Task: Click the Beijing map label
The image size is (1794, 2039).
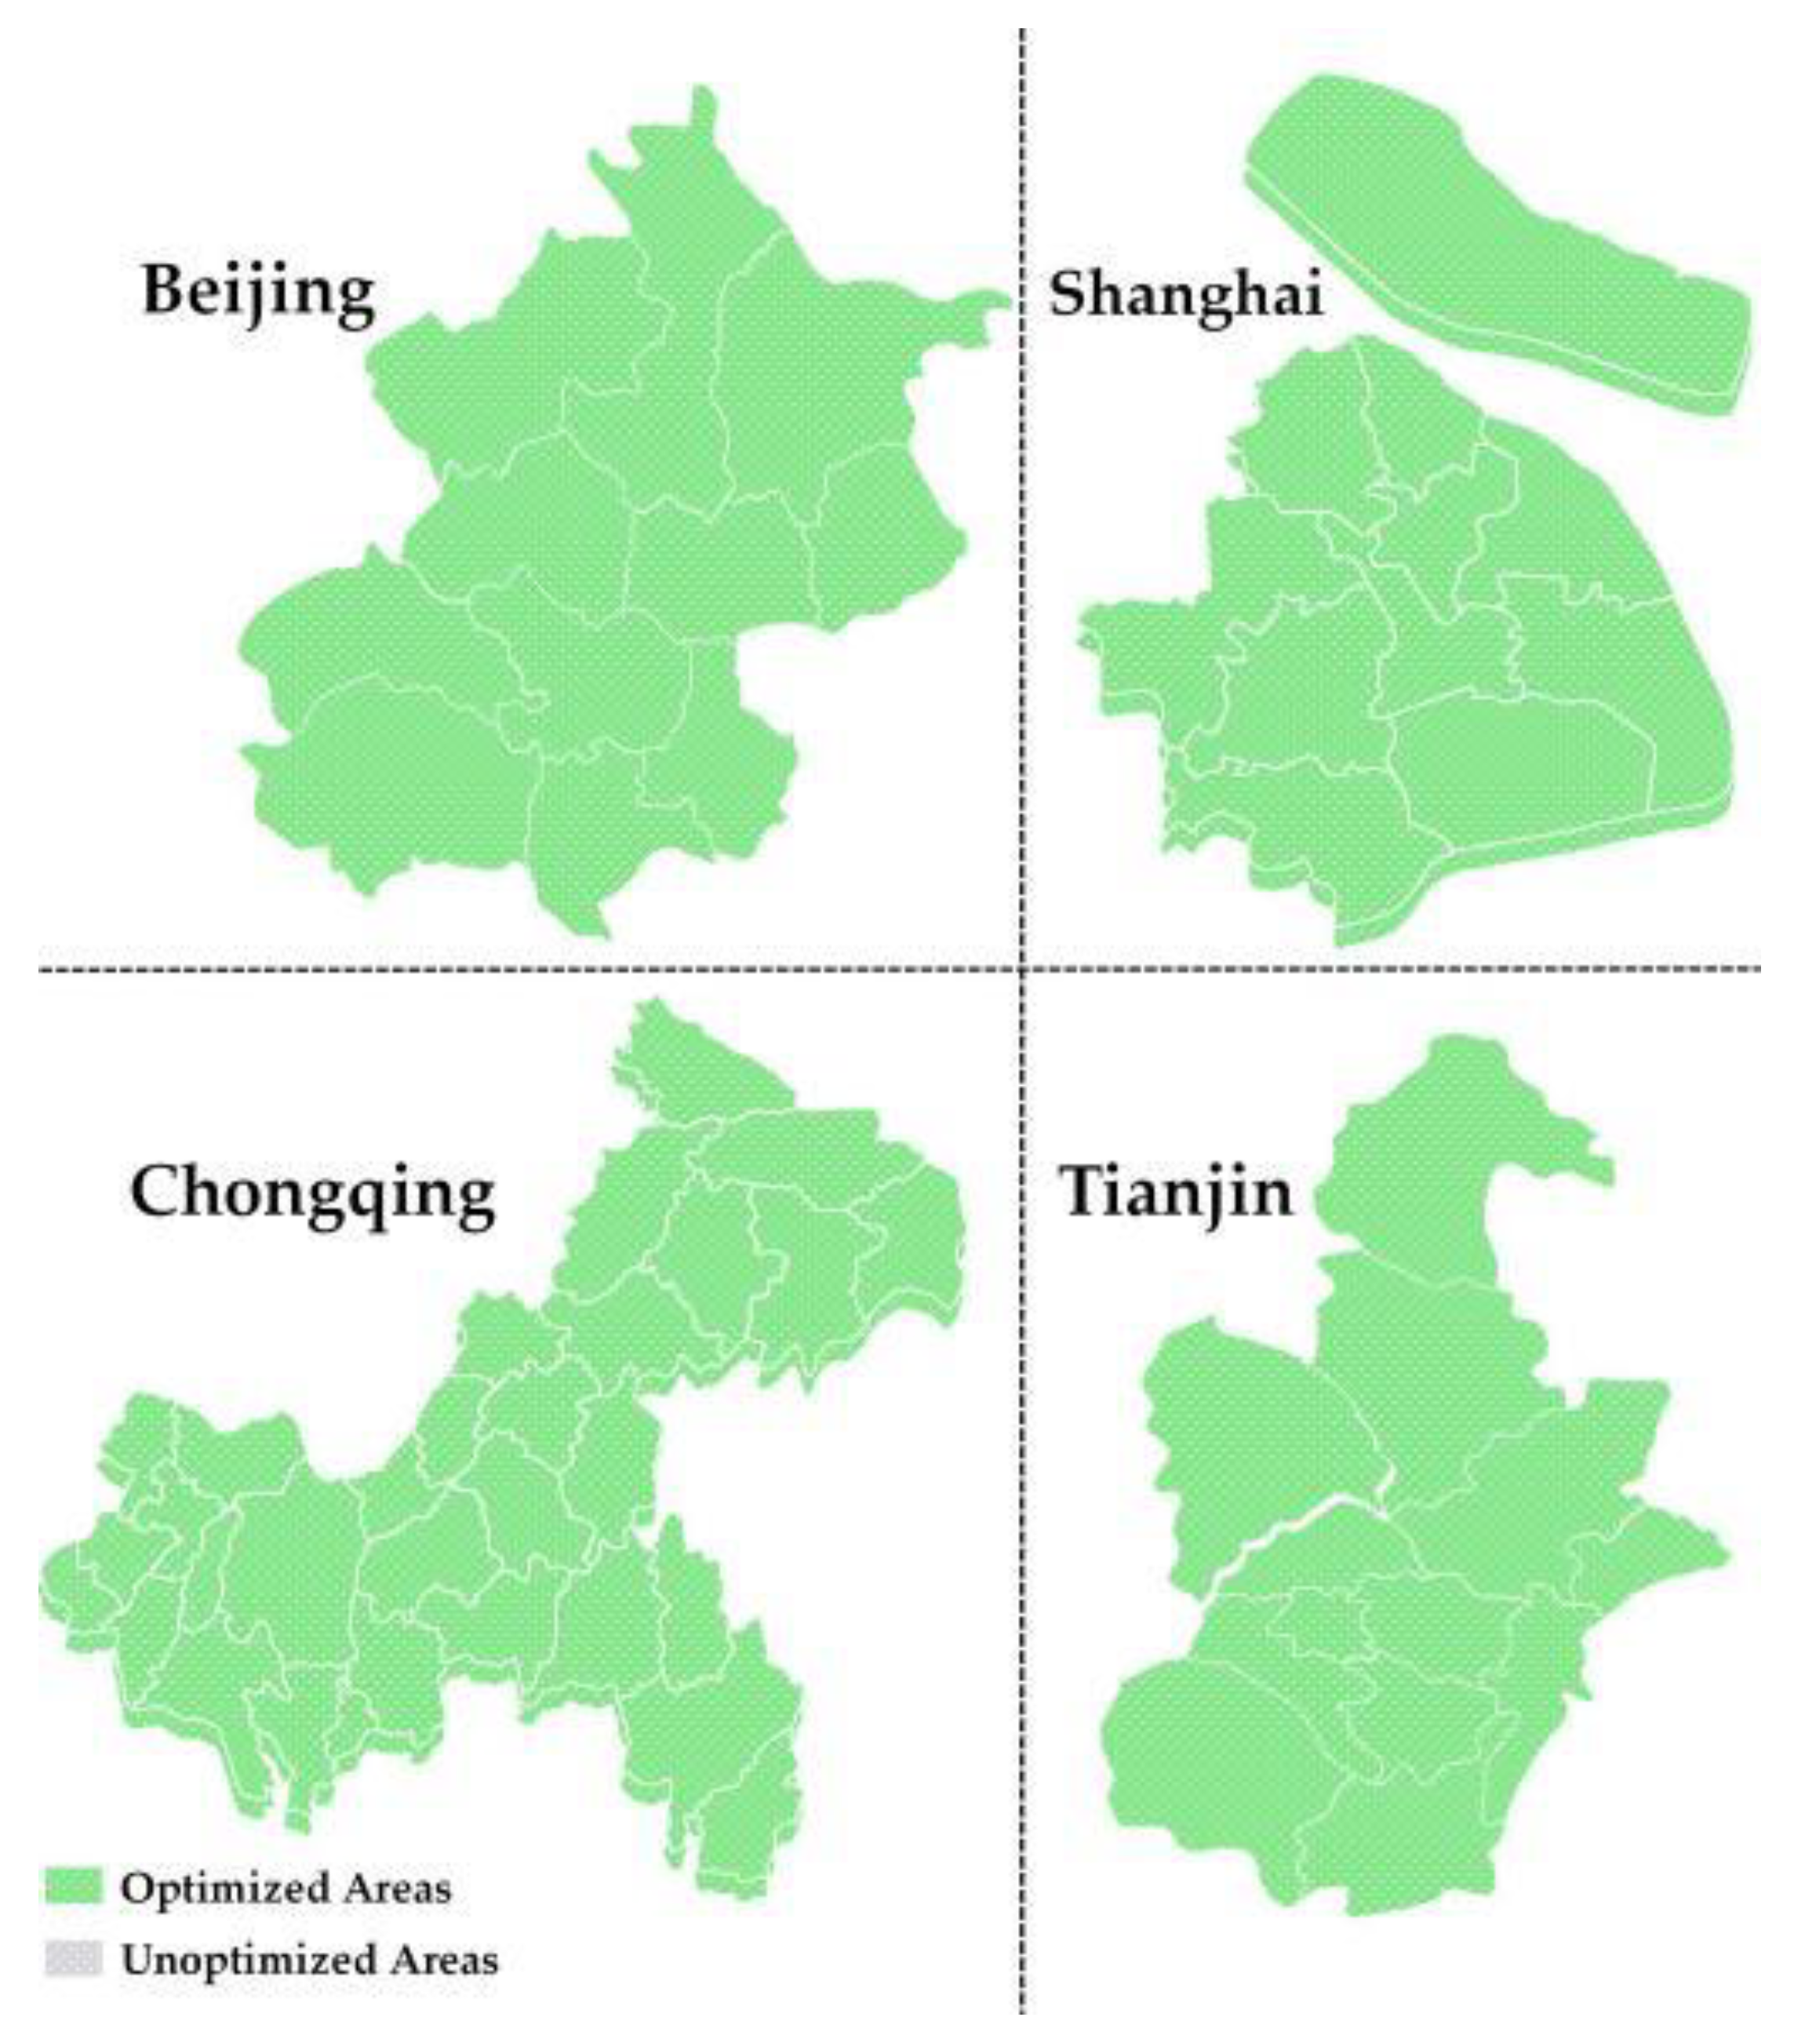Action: [258, 291]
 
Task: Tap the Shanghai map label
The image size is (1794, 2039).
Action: [1184, 295]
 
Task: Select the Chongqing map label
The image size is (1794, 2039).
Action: [312, 1193]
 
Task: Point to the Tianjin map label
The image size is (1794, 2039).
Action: [1176, 1191]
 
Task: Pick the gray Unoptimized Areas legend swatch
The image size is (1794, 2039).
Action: [73, 1958]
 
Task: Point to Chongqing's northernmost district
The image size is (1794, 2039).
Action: [698, 1068]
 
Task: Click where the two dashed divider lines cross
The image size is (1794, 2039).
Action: [1022, 967]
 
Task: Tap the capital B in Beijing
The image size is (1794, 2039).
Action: [166, 290]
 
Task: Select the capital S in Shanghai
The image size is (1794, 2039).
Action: [1068, 295]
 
